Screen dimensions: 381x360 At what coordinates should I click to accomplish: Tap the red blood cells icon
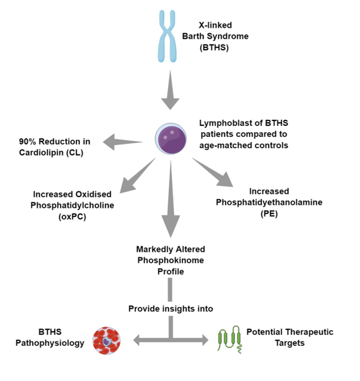tap(107, 339)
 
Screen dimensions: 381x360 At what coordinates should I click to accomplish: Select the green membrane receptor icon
tap(229, 339)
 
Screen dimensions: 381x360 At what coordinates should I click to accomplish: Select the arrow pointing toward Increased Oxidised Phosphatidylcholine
tap(133, 174)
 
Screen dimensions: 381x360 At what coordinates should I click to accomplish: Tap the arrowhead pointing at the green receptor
tap(204, 340)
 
